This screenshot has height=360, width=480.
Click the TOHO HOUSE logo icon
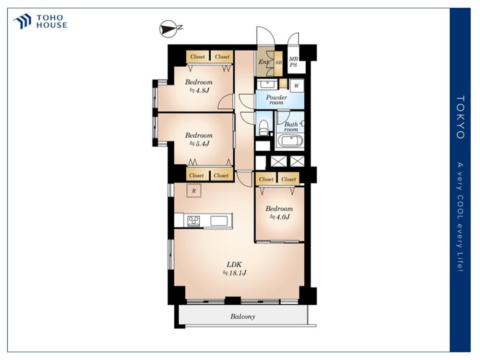(x=22, y=21)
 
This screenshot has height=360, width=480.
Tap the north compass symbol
(x=169, y=29)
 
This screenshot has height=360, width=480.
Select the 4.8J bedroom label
(x=199, y=86)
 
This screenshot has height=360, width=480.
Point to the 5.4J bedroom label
(x=199, y=139)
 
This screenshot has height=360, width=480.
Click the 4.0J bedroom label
(x=279, y=213)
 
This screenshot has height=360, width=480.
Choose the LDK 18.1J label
(x=235, y=268)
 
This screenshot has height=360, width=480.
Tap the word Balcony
(x=243, y=316)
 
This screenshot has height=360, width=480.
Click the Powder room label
(x=276, y=100)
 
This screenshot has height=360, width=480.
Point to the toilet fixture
(x=263, y=128)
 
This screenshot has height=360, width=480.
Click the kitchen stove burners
(x=193, y=221)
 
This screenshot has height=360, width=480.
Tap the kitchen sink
(x=219, y=221)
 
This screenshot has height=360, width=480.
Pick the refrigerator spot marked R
(x=194, y=191)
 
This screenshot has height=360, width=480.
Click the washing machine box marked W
(x=297, y=86)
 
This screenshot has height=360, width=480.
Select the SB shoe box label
(x=278, y=62)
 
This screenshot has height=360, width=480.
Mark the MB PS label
(x=294, y=62)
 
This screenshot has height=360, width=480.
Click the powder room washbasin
(x=267, y=84)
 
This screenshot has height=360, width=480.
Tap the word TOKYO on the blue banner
(x=460, y=117)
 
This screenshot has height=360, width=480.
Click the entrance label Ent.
(x=263, y=62)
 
